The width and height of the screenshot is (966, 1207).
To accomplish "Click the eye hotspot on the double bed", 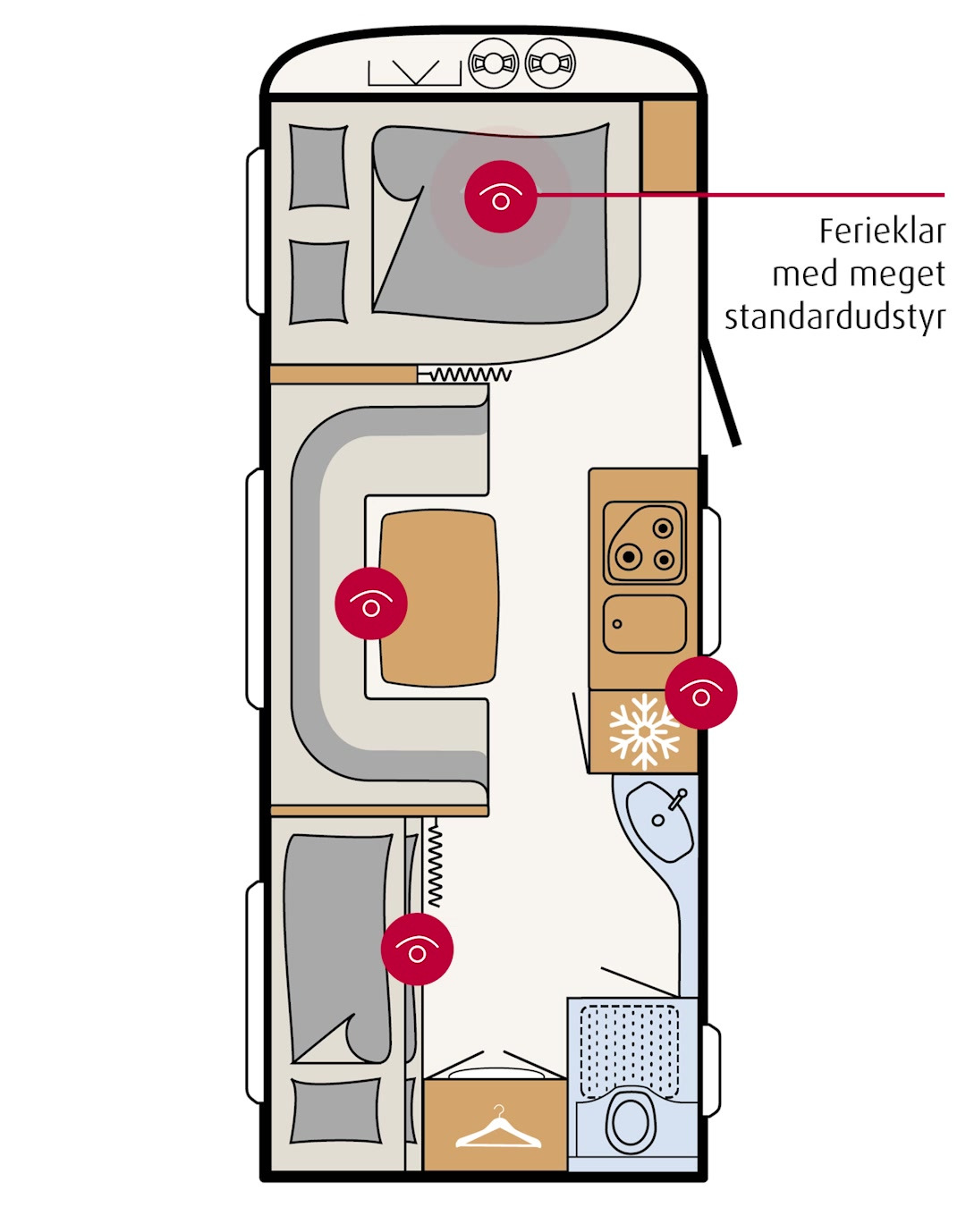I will click(501, 197).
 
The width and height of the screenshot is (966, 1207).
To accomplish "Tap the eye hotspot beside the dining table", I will click(371, 603).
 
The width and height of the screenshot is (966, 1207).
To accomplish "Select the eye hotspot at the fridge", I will click(701, 693).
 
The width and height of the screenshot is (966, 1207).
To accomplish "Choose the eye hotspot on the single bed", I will click(417, 949).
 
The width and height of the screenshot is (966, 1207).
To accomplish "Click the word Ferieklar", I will click(882, 232).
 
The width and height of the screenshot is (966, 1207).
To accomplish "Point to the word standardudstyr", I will click(835, 317).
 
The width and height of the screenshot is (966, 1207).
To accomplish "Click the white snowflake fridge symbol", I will click(643, 731).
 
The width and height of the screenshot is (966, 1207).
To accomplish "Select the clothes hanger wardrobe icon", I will click(497, 1129).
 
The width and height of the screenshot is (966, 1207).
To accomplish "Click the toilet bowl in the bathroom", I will click(631, 1119).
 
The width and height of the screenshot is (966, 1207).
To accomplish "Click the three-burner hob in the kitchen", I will click(645, 543).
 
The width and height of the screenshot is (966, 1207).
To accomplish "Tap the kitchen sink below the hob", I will click(644, 623).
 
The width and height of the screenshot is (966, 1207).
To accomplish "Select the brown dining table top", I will click(438, 599).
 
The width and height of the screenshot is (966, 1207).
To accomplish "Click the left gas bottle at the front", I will click(494, 63).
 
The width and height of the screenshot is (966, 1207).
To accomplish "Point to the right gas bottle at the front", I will click(550, 63).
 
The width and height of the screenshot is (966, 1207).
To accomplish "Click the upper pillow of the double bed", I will click(318, 167).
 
